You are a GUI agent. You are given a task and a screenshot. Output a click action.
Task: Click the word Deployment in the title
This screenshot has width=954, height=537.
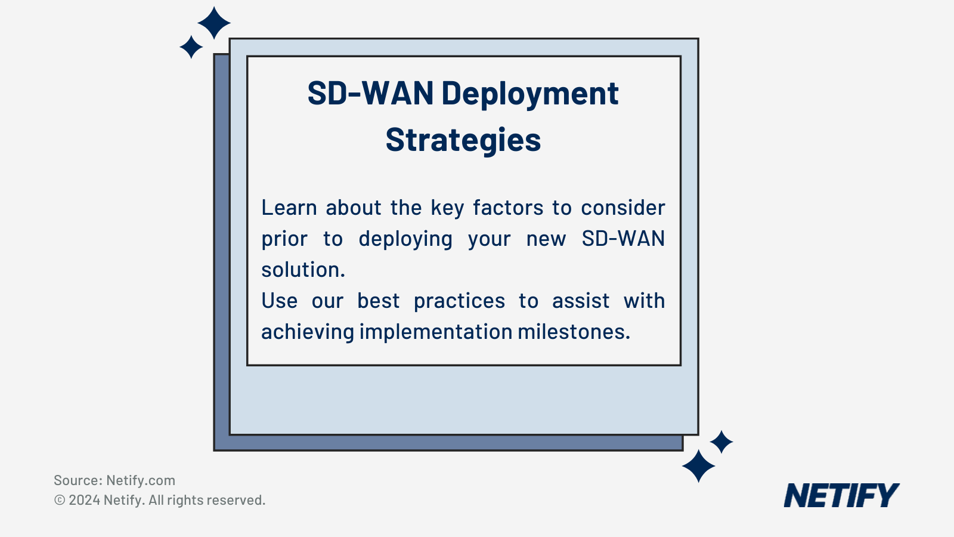tap(529, 94)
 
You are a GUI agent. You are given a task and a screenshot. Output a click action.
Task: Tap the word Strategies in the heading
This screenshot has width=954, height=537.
tap(463, 140)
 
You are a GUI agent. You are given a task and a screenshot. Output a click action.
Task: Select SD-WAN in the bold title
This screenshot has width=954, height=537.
tap(370, 94)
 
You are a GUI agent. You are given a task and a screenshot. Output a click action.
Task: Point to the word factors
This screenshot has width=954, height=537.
tap(508, 208)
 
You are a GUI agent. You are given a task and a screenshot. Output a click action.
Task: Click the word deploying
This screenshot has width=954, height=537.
tap(405, 239)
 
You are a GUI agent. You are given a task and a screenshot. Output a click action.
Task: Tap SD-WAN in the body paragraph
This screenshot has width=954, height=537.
tap(623, 239)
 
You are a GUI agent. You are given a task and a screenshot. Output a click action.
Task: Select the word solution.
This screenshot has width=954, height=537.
tap(303, 270)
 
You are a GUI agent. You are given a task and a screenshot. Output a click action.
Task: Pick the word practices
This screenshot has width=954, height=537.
tap(459, 301)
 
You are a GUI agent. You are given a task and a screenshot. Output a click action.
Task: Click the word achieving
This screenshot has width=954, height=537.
tap(308, 332)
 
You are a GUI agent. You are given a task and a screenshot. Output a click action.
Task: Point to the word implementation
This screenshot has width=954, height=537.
tap(436, 332)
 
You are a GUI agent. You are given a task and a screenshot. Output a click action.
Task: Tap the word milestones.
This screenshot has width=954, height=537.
tap(573, 332)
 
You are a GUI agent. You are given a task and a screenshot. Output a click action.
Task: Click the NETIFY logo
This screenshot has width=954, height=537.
tap(841, 496)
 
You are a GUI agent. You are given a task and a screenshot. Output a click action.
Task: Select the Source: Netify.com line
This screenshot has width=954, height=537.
tap(114, 480)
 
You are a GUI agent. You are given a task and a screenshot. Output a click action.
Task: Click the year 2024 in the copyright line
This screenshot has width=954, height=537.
tap(84, 500)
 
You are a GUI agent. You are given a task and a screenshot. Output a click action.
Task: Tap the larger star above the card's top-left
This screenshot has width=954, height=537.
tap(214, 23)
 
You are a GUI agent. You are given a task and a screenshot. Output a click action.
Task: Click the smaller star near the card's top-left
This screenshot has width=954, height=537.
tap(191, 47)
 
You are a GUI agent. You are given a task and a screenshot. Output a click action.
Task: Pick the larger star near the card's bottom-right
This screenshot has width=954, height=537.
tap(698, 466)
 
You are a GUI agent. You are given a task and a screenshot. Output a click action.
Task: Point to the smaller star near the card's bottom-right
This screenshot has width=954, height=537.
tap(721, 442)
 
